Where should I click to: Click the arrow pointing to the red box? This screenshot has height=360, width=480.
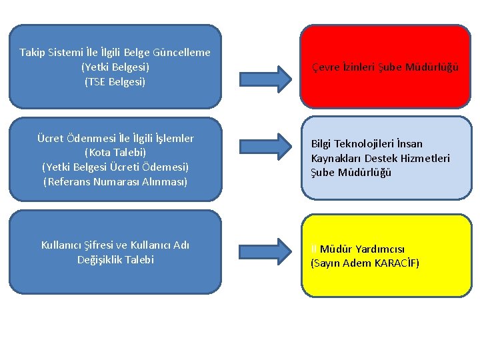[x=265, y=78]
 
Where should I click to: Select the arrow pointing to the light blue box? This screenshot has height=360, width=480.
[x=265, y=146]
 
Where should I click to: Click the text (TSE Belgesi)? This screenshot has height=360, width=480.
[x=115, y=82]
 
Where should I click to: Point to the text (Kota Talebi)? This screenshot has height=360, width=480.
[x=115, y=153]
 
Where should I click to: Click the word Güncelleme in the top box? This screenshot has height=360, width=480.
[x=181, y=52]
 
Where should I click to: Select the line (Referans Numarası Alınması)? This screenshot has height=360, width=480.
[x=115, y=181]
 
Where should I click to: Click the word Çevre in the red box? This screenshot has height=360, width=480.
[x=325, y=67]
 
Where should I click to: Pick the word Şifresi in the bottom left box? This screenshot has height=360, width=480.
[x=103, y=245]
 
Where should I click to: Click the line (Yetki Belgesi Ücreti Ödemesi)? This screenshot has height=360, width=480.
[x=115, y=167]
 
